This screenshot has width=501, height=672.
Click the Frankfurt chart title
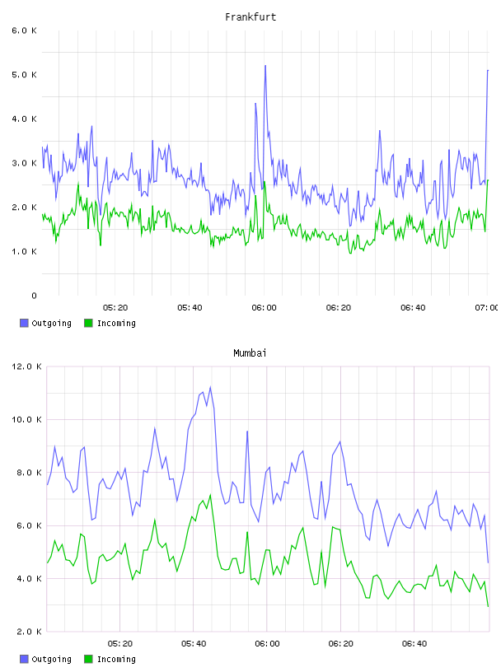click(250, 17)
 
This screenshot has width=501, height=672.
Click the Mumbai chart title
click(250, 353)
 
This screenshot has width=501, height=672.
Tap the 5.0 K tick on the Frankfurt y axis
click(24, 75)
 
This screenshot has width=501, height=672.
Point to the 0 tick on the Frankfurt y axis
click(34, 296)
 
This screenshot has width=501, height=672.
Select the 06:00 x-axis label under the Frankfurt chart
click(264, 308)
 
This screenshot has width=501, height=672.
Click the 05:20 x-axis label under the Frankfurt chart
click(115, 308)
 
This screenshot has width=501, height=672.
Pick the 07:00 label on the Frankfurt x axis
click(486, 308)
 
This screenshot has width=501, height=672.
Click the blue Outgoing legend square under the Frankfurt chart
click(24, 323)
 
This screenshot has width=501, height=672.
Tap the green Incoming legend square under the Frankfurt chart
click(88, 323)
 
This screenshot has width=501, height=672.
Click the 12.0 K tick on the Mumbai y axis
click(26, 366)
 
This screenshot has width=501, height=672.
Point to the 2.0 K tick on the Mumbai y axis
click(29, 632)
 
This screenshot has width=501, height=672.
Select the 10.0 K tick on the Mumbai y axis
click(26, 419)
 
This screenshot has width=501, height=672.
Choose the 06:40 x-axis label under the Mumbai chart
click(414, 644)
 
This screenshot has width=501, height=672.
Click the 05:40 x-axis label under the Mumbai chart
click(194, 644)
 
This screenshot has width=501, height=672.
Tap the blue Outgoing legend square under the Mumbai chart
click(24, 659)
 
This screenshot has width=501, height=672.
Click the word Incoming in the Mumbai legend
click(116, 660)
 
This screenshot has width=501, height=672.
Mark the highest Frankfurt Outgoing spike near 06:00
click(265, 66)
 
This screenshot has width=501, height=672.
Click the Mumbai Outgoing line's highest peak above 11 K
click(210, 387)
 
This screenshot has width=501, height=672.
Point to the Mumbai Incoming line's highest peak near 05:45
click(210, 495)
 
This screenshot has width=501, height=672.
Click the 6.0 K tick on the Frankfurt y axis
click(24, 30)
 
